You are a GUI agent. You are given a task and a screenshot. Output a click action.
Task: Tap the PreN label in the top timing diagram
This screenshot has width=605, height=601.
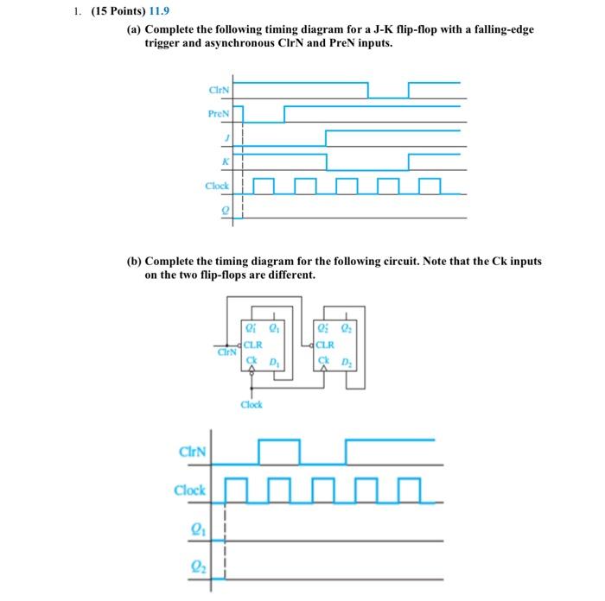coord(219,112)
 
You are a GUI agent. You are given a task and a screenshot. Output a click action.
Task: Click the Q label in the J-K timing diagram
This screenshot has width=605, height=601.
coord(227,208)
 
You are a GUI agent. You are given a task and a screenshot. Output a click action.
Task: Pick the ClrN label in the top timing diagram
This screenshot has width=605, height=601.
coord(219,89)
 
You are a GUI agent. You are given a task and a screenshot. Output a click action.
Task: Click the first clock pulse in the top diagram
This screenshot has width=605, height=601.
coord(264,185)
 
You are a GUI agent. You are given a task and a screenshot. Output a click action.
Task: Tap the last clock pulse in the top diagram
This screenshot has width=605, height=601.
coord(430,185)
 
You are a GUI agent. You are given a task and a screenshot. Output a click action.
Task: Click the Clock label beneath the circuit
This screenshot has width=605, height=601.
coord(252,403)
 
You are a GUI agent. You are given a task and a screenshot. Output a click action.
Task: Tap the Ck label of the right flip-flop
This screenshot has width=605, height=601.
coord(325,359)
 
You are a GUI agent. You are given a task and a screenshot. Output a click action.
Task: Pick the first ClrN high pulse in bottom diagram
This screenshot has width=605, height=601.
coord(278,451)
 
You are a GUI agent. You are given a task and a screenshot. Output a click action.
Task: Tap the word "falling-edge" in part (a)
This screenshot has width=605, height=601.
coord(502,29)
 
